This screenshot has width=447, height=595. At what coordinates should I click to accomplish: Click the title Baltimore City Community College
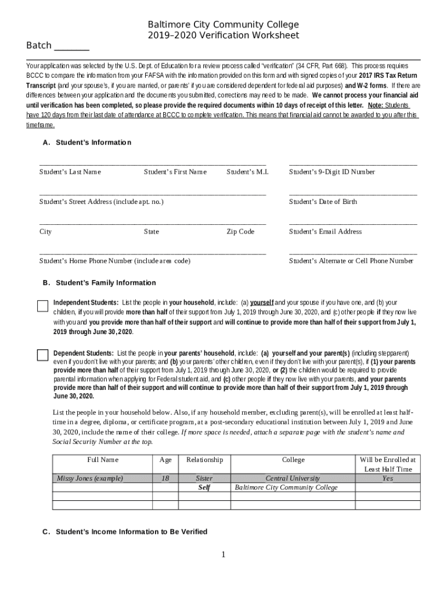(223, 24)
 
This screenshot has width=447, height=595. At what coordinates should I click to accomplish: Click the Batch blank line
(71, 48)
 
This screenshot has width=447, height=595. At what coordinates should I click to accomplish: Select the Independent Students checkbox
(42, 306)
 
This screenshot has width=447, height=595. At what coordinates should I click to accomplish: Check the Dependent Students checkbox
(42, 355)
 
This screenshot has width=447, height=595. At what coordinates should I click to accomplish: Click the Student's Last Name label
(70, 172)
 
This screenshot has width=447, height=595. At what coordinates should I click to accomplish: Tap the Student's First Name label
(175, 172)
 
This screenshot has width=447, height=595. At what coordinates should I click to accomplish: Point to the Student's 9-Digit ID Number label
(331, 172)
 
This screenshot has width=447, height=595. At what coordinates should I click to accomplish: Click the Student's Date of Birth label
(323, 202)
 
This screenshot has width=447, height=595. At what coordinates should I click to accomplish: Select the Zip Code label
(240, 231)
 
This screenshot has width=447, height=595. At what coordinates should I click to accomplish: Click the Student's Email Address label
(325, 231)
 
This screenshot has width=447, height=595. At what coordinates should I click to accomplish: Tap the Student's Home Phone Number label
(114, 261)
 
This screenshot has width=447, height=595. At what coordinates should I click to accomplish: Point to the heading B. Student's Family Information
(99, 283)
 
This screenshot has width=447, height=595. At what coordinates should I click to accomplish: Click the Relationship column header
(204, 460)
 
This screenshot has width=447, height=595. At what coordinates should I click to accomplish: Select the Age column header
(165, 460)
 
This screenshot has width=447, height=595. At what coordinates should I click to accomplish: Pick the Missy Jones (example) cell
(89, 478)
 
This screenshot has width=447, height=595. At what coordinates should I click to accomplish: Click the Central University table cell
(293, 478)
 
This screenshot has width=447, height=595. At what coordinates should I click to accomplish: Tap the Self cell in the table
(204, 488)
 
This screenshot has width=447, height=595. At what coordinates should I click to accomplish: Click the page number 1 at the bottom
(223, 555)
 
